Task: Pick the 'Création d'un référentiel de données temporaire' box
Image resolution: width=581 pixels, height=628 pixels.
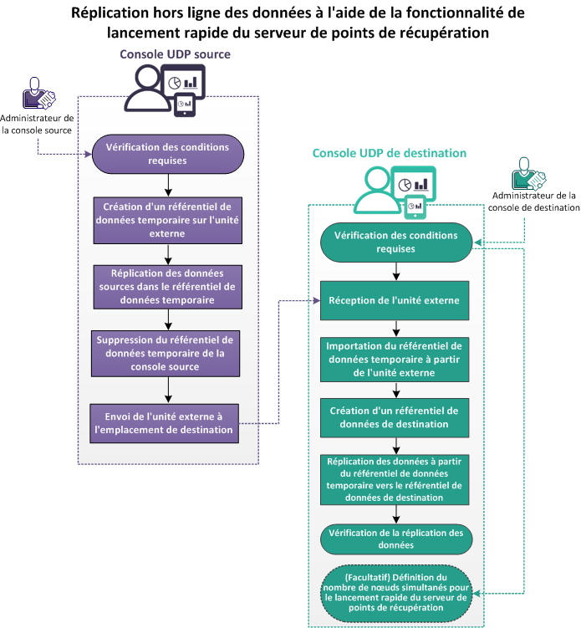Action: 166,219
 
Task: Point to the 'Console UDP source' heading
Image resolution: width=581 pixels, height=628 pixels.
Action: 175,54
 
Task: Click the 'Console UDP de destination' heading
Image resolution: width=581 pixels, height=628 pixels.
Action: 389,153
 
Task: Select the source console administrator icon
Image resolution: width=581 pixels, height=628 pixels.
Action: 38,94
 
